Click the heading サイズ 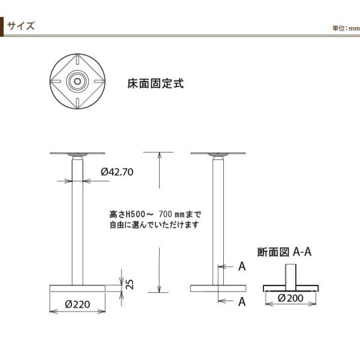click(22, 26)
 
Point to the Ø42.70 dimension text click(117, 172)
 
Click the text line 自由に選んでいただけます click(154, 225)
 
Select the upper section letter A click(242, 266)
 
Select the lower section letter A click(242, 302)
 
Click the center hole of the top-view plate click(77, 80)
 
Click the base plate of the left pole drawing click(77, 288)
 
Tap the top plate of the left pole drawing click(77, 153)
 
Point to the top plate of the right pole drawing click(218, 153)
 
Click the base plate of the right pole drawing click(218, 288)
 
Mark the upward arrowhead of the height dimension click(160, 155)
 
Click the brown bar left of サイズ click(3, 27)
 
